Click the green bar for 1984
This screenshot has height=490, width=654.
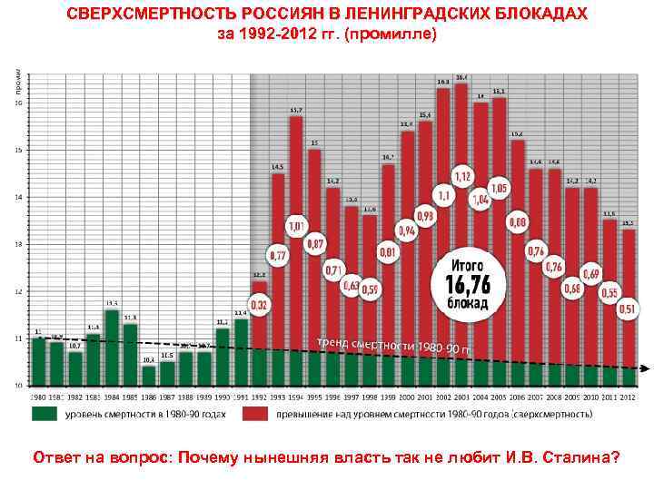click(112, 349)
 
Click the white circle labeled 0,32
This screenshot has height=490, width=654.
click(259, 305)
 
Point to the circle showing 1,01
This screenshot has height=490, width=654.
click(297, 225)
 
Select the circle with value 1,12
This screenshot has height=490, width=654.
click(462, 175)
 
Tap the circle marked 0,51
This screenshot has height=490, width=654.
click(627, 308)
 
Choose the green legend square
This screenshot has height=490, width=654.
click(43, 414)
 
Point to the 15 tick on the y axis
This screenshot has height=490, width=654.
click(19, 150)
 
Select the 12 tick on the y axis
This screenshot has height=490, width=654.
click(19, 291)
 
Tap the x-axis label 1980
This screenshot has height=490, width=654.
click(38, 397)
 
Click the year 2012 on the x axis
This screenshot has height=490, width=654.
click(628, 397)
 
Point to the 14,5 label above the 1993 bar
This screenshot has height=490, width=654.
click(277, 167)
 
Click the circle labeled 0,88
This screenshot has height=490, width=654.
click(517, 222)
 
